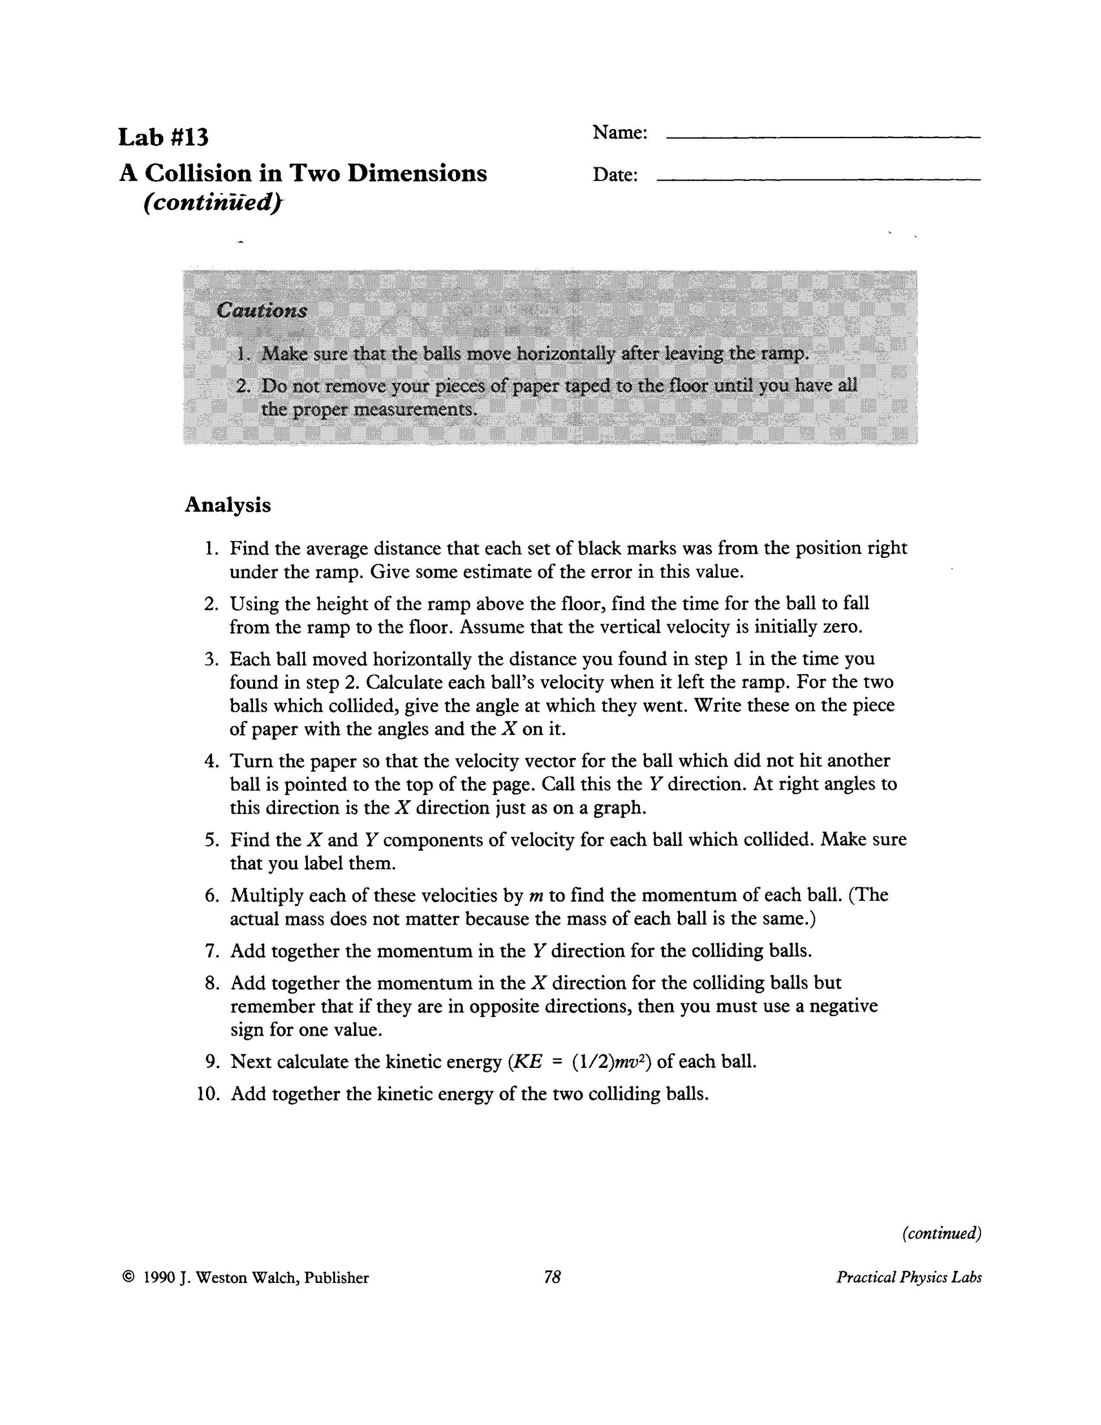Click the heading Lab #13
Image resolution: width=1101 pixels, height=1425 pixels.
coord(163,138)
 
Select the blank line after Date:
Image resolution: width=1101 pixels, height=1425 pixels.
coord(818,179)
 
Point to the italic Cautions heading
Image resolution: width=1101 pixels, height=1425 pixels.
coord(261,310)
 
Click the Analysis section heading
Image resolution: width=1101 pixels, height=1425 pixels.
coord(227,505)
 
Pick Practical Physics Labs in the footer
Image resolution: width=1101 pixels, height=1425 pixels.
coord(909,1277)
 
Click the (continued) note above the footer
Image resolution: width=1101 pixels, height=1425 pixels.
coord(942,1233)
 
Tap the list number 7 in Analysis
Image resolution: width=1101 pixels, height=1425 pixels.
coord(212,951)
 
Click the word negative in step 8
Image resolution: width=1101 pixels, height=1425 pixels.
coord(844,1006)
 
